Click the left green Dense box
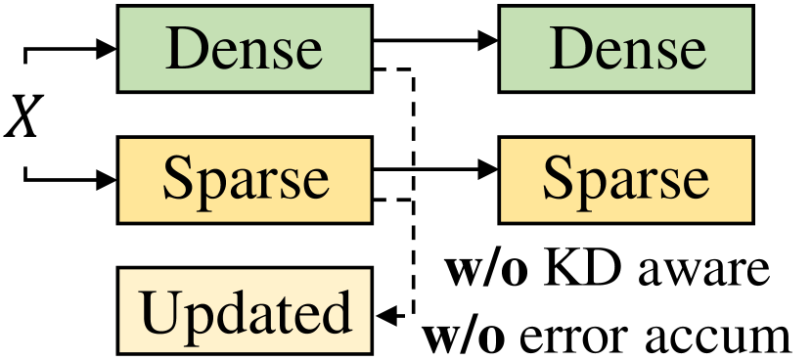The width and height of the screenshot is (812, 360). [x=245, y=48]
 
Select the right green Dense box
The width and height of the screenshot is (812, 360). [x=626, y=48]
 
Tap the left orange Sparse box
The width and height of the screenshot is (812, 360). [x=245, y=178]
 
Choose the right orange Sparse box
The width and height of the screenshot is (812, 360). [x=626, y=178]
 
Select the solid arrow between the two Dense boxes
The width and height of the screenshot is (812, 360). [x=435, y=42]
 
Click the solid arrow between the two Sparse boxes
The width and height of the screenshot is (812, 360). [x=435, y=172]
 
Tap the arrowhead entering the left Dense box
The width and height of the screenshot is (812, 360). [x=106, y=48]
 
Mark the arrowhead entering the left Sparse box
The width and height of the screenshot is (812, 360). [x=106, y=179]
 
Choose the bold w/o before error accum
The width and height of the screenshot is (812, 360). [x=464, y=336]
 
